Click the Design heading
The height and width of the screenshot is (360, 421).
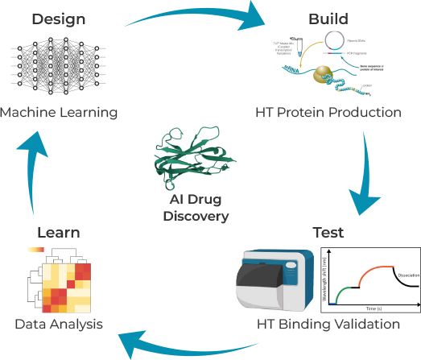point(59,17)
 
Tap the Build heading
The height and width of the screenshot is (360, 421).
point(328,17)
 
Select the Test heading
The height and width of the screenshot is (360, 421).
point(328,232)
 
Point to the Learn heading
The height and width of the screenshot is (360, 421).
point(59,232)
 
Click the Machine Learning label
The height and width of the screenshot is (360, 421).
point(59,112)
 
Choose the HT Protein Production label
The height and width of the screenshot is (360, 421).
point(328,112)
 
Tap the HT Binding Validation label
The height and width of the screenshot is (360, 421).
point(328,325)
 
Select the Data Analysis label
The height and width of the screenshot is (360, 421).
point(59,325)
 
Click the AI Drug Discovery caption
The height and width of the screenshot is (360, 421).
point(196,208)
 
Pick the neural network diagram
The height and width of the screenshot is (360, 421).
point(59,67)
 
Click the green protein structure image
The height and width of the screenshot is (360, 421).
point(196,157)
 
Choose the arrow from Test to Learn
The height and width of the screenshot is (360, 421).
point(193,342)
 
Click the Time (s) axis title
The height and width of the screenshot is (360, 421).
point(371,308)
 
